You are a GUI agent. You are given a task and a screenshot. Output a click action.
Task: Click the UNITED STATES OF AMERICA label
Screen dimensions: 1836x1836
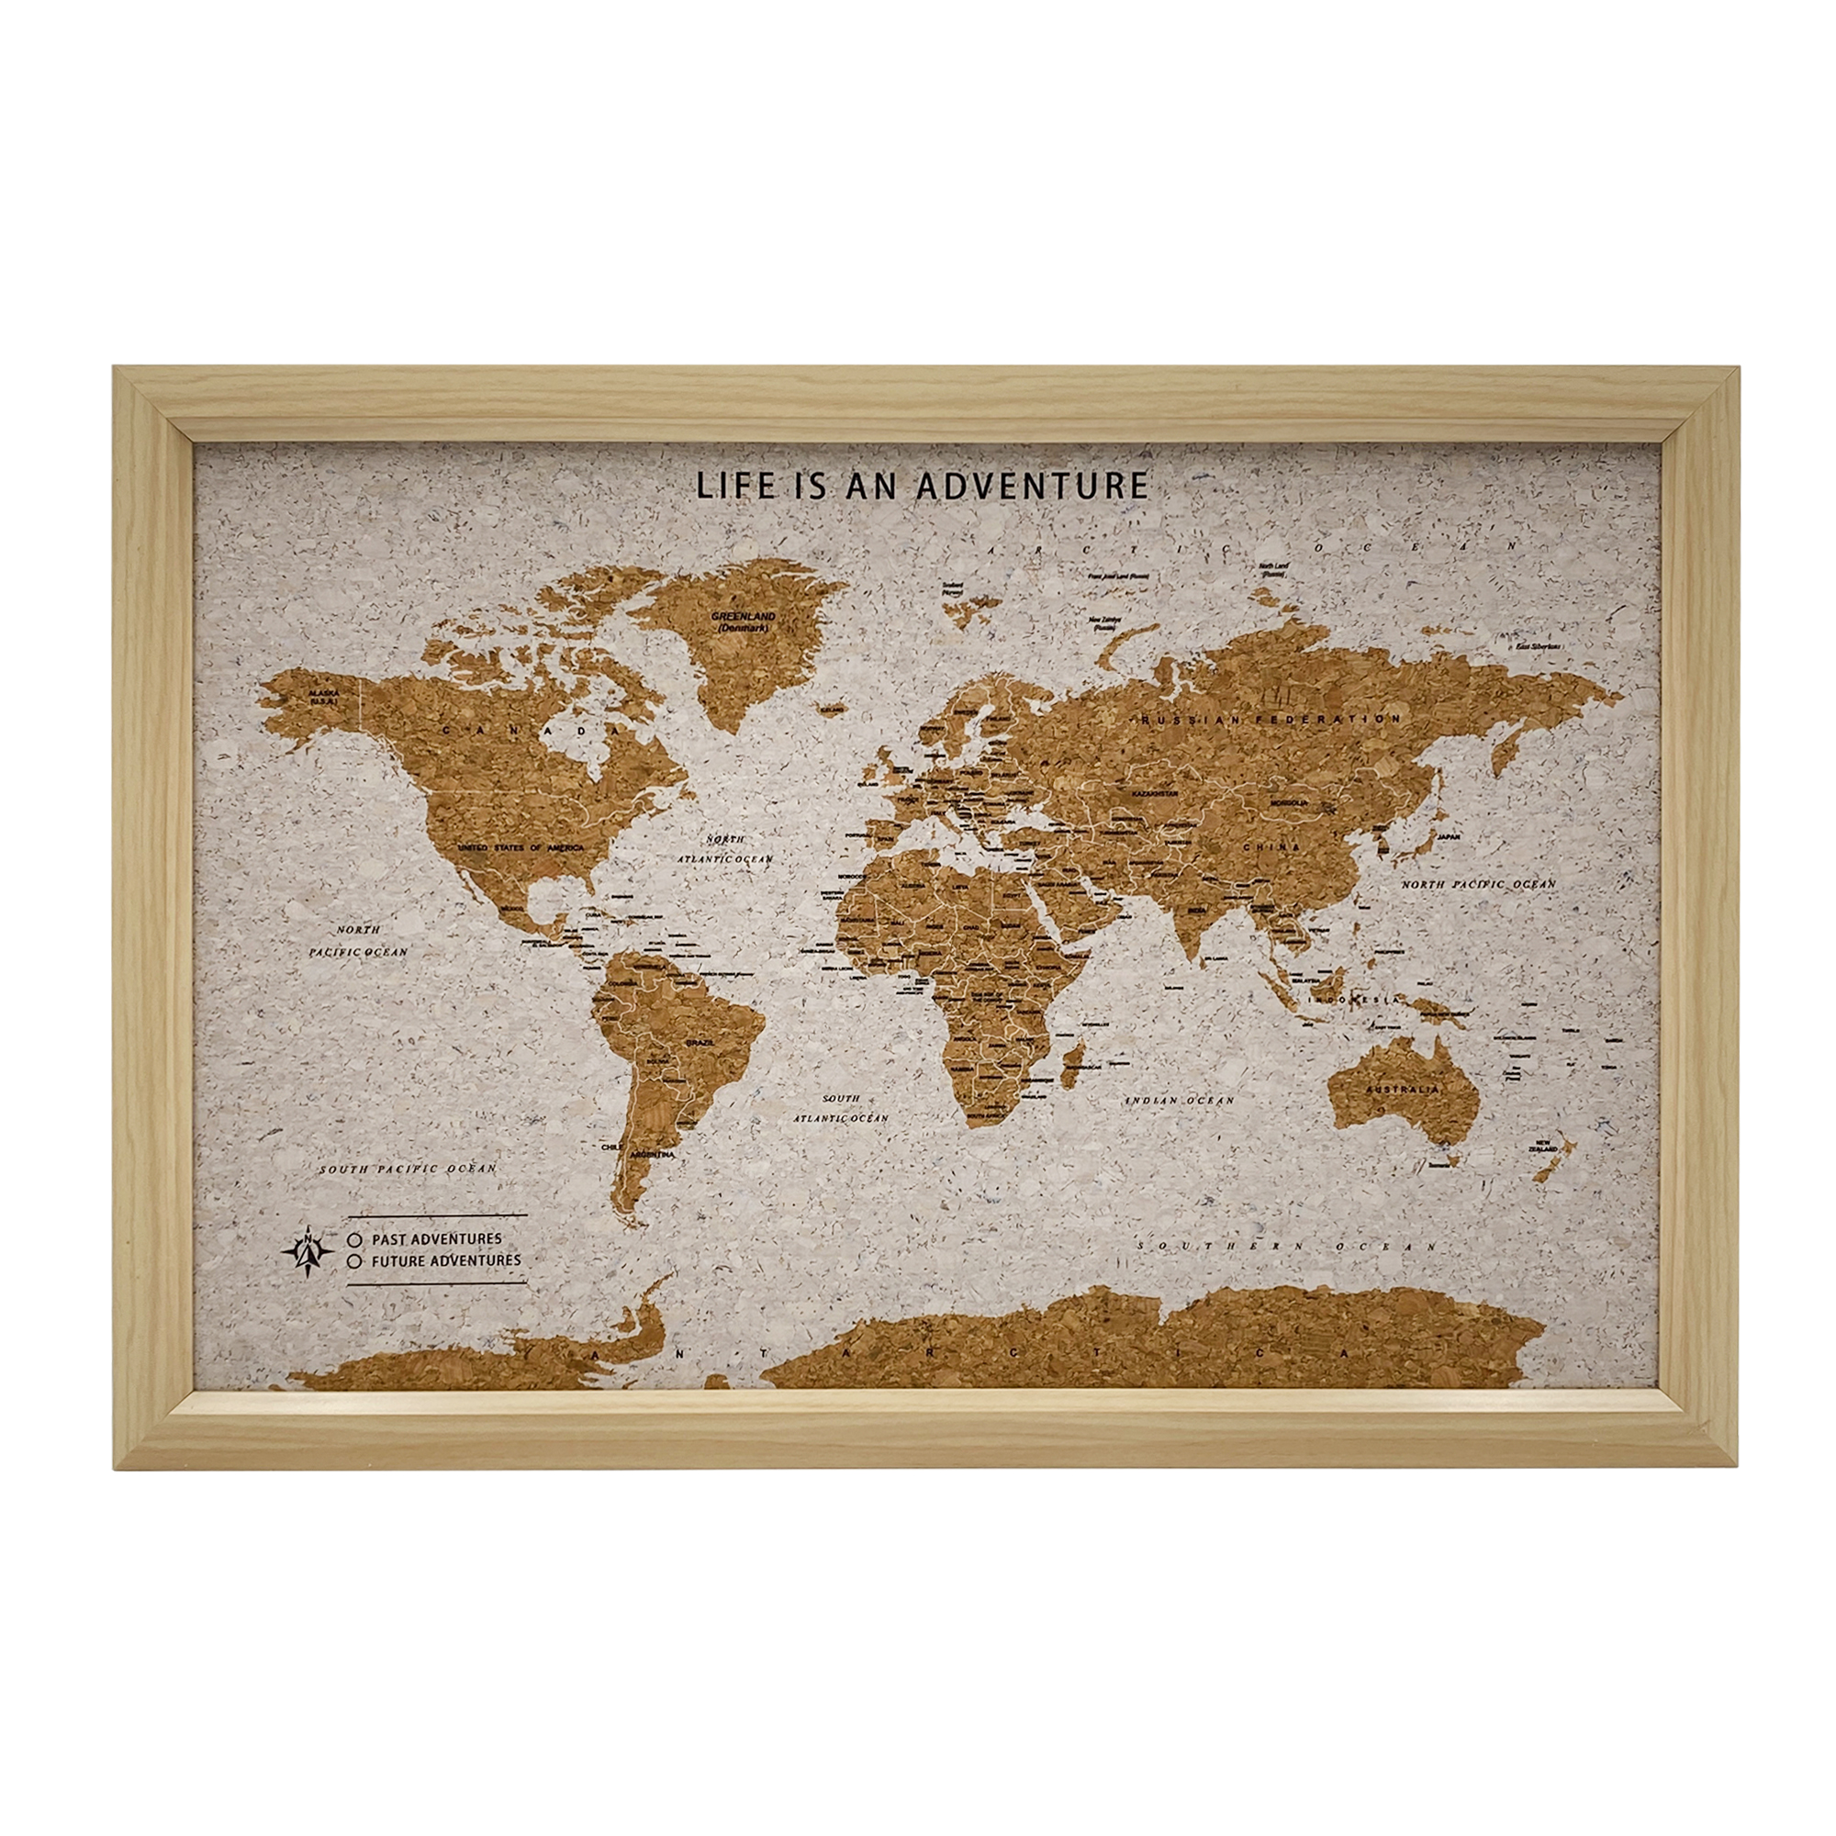521,845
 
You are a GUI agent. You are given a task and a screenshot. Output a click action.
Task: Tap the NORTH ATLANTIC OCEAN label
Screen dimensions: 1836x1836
725,848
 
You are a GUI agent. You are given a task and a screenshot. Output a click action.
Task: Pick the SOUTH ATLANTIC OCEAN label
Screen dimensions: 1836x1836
841,1108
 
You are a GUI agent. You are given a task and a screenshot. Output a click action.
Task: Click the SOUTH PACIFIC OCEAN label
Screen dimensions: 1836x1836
408,1169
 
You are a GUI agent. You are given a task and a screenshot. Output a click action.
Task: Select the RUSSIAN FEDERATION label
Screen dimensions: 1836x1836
1273,721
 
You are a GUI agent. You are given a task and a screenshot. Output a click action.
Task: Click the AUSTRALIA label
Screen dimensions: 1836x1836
1402,1089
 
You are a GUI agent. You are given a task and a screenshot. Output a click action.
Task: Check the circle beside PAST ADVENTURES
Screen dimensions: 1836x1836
354,1240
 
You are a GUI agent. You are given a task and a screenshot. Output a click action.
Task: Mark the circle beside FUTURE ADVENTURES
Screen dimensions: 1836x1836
354,1262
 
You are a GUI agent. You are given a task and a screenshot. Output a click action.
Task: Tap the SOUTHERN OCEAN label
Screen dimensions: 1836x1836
1288,1246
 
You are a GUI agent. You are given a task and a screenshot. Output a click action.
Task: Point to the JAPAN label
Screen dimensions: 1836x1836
1448,837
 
